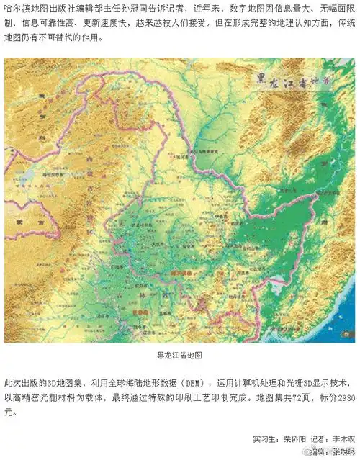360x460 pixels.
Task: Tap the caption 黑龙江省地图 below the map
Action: click(179, 355)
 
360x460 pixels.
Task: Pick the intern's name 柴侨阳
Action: click(296, 438)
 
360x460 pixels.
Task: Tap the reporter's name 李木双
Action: click(343, 438)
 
